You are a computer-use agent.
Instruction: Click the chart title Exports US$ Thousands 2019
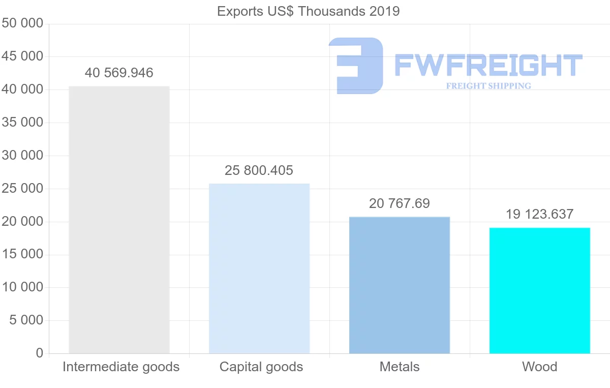tap(308, 11)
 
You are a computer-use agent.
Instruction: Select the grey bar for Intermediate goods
tap(119, 220)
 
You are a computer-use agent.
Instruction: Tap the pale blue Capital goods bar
tap(259, 268)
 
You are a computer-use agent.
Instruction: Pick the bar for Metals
tap(400, 285)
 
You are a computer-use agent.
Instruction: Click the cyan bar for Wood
tap(539, 290)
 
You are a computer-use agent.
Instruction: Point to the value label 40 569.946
tap(119, 73)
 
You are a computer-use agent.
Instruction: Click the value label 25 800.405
tap(259, 170)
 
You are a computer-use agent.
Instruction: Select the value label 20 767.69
tap(400, 204)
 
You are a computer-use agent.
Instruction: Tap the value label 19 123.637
tap(539, 214)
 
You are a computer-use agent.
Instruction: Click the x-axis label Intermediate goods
tap(121, 367)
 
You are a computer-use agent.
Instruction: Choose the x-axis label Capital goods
tap(261, 367)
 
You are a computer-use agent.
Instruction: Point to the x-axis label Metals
tap(400, 367)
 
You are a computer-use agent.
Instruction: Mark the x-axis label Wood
tap(539, 367)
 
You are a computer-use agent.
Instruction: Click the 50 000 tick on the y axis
tap(22, 24)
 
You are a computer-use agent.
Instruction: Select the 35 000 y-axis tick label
tap(22, 123)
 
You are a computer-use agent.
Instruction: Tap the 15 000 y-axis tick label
tap(22, 254)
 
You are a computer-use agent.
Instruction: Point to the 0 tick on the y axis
tap(40, 353)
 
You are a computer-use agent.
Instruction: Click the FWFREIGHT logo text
tap(488, 66)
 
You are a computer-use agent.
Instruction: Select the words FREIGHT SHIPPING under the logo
tap(489, 86)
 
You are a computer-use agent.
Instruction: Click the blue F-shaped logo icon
tap(356, 66)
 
